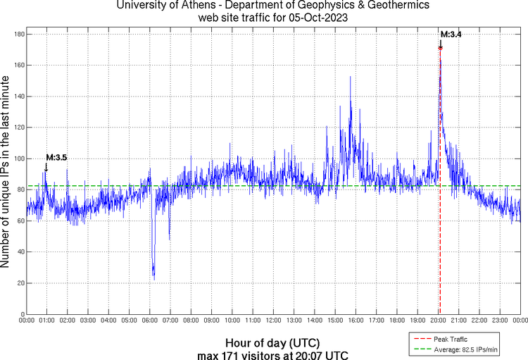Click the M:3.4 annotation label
(451, 34)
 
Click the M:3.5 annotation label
(56, 157)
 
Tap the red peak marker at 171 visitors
(441, 48)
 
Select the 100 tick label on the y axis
(19, 159)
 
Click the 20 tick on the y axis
(20, 283)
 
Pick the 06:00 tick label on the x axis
(150, 321)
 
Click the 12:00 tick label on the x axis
(274, 321)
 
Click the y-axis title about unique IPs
(6, 173)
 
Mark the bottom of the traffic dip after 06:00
(153, 278)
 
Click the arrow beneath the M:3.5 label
(46, 168)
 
